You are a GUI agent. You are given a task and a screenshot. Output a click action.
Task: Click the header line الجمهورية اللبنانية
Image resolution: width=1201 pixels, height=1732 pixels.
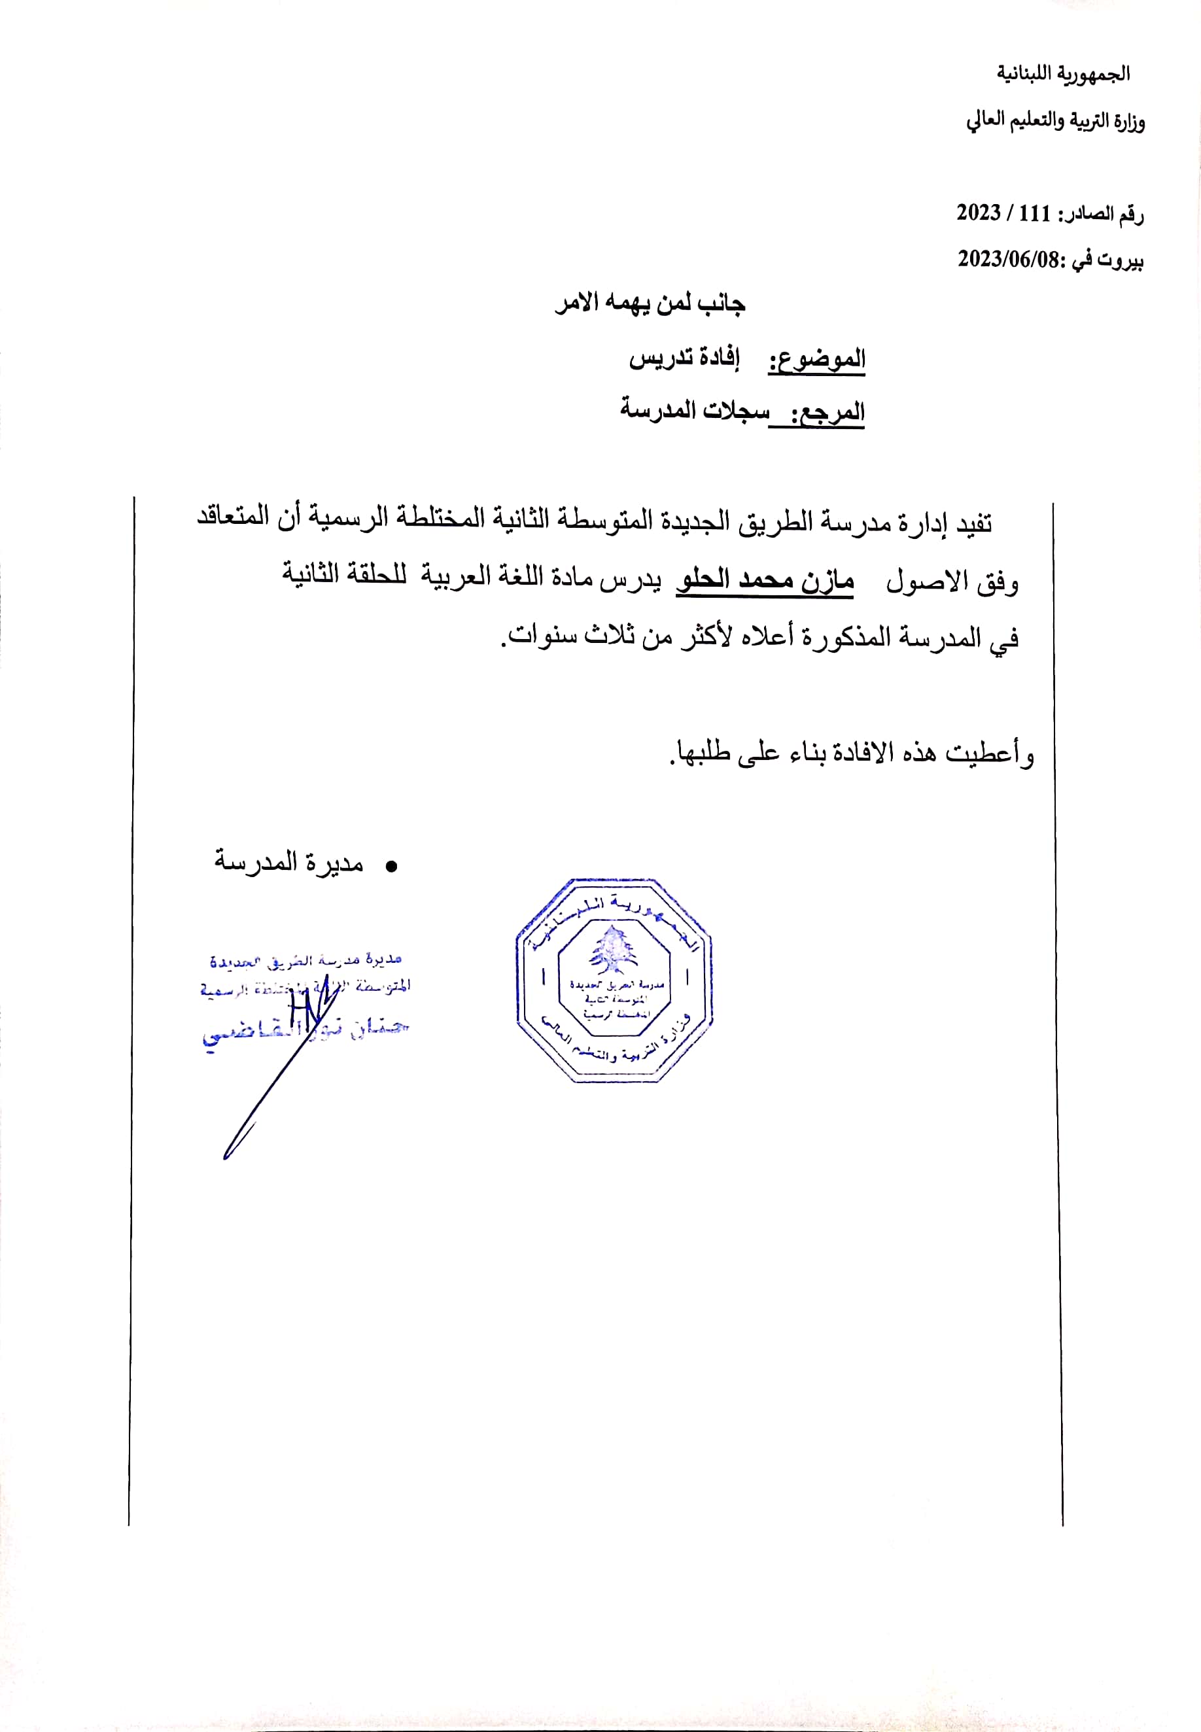(1062, 74)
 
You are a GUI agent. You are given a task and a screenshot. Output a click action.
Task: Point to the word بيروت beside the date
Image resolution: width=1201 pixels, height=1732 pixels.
(1121, 260)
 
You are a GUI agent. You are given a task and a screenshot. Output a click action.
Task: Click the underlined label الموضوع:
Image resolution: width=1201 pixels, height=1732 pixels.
(816, 360)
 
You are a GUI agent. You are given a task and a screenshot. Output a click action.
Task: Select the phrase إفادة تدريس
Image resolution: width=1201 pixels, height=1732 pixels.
(684, 358)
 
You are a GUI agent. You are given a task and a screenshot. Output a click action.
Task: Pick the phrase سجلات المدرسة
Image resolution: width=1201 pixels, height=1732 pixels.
(695, 410)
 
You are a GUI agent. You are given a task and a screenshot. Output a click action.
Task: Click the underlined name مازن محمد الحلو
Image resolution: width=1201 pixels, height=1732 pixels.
(765, 580)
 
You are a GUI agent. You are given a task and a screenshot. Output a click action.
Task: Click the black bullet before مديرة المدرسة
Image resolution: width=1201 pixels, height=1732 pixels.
(391, 867)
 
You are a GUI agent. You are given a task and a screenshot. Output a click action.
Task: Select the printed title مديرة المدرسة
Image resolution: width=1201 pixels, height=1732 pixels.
(289, 862)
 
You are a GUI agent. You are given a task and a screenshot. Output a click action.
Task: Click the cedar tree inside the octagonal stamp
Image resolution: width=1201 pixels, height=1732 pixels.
(614, 949)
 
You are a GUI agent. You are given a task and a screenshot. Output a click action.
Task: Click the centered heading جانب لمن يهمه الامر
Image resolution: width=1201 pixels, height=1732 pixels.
(650, 303)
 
